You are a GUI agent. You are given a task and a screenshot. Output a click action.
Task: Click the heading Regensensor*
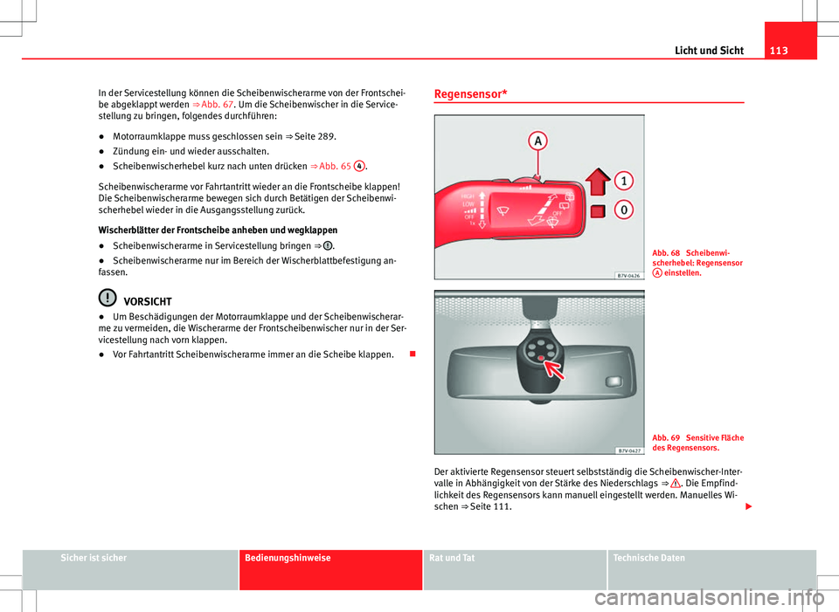[x=473, y=93]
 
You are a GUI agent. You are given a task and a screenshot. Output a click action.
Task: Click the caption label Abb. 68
[x=666, y=254]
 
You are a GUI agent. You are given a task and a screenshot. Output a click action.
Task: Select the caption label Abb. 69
[x=666, y=437]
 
